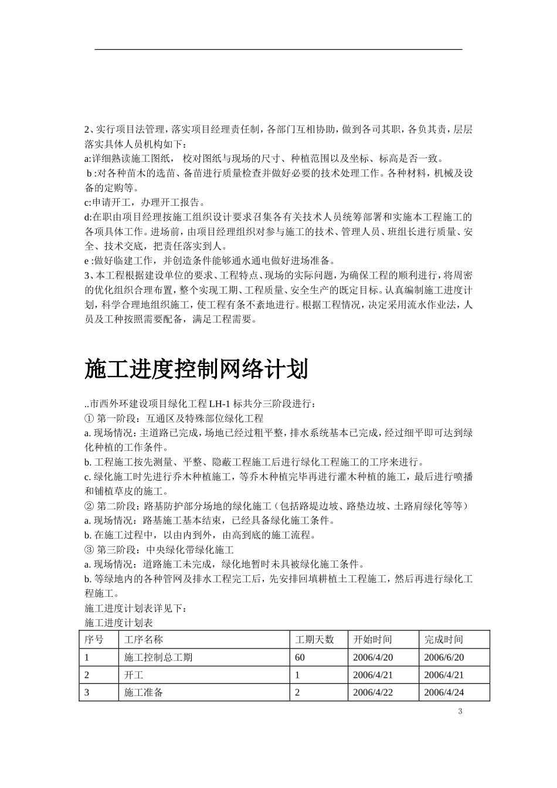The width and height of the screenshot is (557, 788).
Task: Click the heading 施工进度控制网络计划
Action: click(x=196, y=369)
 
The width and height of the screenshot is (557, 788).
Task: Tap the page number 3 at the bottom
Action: click(x=460, y=712)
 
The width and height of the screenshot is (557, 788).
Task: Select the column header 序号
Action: click(x=94, y=640)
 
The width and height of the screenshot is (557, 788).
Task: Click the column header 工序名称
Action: click(x=144, y=640)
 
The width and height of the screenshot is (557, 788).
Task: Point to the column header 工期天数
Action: click(x=314, y=640)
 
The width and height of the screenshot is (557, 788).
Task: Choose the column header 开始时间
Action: click(x=372, y=640)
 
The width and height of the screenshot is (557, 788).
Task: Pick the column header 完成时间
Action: click(x=444, y=640)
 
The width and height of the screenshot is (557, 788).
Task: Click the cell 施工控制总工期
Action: click(x=158, y=657)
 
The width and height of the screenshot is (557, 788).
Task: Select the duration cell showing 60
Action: click(x=300, y=657)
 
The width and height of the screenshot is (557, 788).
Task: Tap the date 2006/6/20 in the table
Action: click(x=444, y=657)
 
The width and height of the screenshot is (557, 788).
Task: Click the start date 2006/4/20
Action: click(x=373, y=657)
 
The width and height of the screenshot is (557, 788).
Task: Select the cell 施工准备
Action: click(x=144, y=692)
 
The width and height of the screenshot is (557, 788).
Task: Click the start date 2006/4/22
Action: click(x=373, y=692)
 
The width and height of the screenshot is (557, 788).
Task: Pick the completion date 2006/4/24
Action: click(x=444, y=692)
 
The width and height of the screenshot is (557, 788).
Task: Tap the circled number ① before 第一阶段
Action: click(x=89, y=419)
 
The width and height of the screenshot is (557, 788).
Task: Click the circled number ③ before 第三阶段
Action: click(x=89, y=550)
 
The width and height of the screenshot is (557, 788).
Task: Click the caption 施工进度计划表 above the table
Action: click(x=118, y=623)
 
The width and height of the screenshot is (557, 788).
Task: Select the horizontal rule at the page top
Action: click(x=278, y=49)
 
